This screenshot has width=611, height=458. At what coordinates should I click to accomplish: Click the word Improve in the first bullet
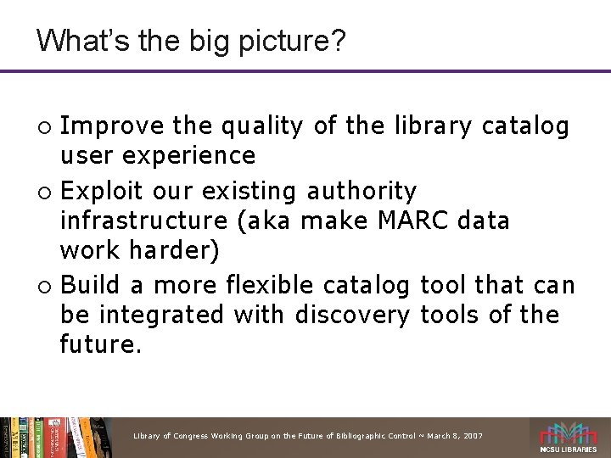[112, 126]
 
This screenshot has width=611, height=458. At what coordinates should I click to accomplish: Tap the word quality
[261, 126]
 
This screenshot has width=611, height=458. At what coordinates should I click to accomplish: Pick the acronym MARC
[397, 221]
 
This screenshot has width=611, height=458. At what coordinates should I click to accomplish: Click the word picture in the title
[279, 40]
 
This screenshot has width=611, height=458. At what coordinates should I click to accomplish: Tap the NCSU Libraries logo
[569, 437]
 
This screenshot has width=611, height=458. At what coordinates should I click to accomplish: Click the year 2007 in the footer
[472, 436]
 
